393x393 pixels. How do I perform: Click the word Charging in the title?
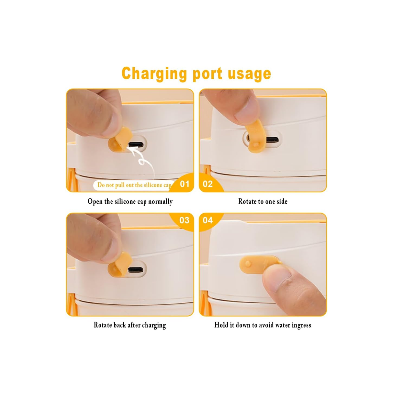click(154, 74)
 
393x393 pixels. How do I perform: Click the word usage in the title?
click(249, 74)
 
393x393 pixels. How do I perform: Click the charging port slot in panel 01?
click(136, 145)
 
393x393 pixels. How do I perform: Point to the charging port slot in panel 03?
click(136, 270)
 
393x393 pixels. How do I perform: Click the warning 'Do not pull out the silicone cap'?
click(134, 185)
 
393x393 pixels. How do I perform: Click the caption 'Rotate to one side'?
click(263, 201)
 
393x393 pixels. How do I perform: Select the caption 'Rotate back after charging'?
click(130, 325)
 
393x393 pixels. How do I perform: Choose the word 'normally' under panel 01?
click(160, 202)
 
